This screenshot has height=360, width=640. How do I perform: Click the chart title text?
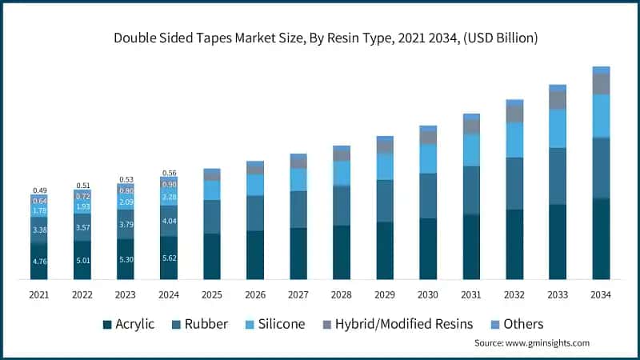click(x=320, y=37)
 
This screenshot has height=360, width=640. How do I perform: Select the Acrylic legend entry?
click(x=133, y=324)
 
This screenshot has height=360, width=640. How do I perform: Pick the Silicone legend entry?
click(x=274, y=324)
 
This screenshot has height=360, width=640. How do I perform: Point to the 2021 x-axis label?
click(x=39, y=294)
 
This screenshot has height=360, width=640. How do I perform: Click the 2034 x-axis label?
click(x=601, y=294)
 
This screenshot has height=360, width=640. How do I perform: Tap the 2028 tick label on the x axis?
click(x=342, y=294)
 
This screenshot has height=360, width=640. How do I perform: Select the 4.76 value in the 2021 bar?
click(x=39, y=261)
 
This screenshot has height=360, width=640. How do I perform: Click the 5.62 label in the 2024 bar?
click(x=169, y=258)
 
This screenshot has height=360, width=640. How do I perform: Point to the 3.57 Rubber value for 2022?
click(x=82, y=227)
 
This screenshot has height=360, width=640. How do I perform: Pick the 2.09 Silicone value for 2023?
click(x=126, y=202)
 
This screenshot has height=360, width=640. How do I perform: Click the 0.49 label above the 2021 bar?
click(x=39, y=190)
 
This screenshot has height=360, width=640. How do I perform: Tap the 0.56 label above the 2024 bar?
click(x=169, y=173)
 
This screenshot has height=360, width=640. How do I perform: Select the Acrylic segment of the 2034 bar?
click(x=601, y=238)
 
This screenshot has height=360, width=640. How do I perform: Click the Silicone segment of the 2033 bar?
click(x=558, y=128)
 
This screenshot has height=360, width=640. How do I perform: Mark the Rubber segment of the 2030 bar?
click(x=428, y=195)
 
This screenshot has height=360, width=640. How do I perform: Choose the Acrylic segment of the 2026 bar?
click(x=255, y=254)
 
